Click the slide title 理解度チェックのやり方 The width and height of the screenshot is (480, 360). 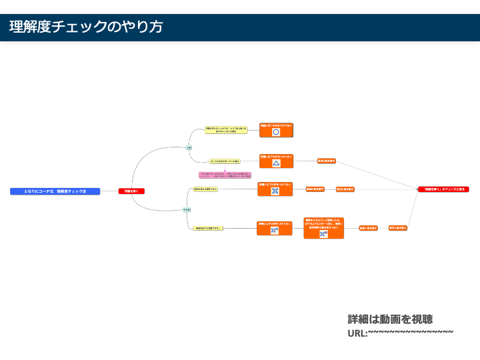pyautogui.click(x=86, y=27)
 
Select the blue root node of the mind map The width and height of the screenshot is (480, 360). pyautogui.click(x=55, y=191)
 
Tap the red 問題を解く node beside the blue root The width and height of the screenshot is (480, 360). pyautogui.click(x=131, y=191)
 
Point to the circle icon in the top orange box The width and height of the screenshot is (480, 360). pyautogui.click(x=276, y=132)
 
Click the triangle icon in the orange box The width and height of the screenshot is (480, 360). pyautogui.click(x=276, y=163)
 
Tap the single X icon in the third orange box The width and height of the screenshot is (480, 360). pyautogui.click(x=275, y=191)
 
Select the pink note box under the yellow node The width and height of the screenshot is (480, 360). pyautogui.click(x=225, y=175)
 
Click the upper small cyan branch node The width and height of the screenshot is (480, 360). pyautogui.click(x=189, y=147)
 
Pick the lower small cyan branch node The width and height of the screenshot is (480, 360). pyautogui.click(x=187, y=209)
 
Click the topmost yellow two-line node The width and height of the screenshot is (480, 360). pyautogui.click(x=226, y=130)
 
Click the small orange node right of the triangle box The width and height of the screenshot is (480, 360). pyautogui.click(x=327, y=161)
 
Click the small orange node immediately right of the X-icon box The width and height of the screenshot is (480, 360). pyautogui.click(x=315, y=189)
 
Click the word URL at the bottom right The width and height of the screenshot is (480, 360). pyautogui.click(x=357, y=333)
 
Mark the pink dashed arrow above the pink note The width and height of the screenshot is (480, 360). pyautogui.click(x=225, y=167)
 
